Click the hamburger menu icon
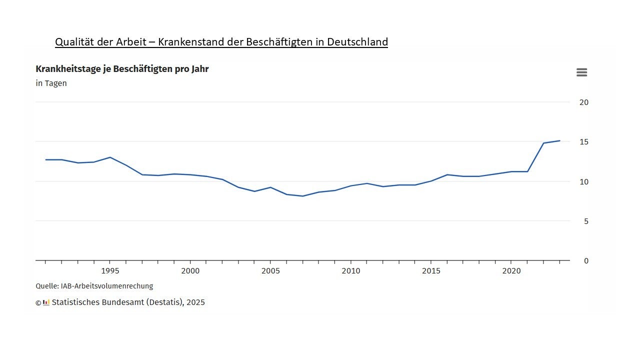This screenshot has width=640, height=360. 581,72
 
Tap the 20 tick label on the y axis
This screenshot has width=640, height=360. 583,102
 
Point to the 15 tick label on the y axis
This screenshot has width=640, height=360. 583,142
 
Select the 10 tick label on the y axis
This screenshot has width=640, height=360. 583,181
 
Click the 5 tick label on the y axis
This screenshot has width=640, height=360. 585,221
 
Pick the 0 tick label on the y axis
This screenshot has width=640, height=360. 585,261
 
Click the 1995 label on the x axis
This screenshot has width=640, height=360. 110,271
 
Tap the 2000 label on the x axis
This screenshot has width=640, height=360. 190,271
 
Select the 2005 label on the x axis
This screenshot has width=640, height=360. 270,271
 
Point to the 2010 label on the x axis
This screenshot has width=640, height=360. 350,271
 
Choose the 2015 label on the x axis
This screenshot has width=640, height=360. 431,271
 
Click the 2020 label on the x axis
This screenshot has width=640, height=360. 511,271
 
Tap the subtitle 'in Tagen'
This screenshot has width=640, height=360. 51,83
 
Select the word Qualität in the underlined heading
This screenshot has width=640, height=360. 75,42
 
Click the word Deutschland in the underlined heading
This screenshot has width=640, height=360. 357,42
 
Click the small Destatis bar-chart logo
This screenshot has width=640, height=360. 46,302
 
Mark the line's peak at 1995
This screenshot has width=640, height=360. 110,157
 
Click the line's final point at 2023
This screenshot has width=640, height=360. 559,141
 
